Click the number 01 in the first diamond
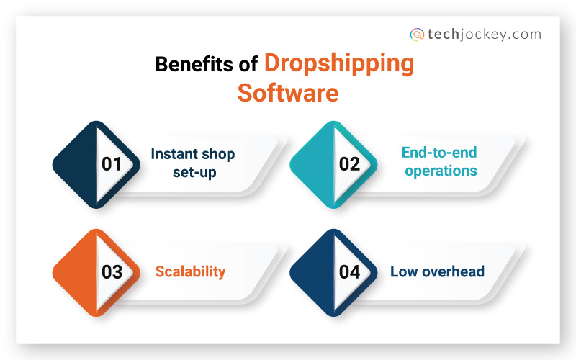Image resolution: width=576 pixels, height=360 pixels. [112, 164]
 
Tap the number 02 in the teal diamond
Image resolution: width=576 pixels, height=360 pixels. [349, 164]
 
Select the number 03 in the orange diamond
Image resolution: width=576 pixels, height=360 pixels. [112, 272]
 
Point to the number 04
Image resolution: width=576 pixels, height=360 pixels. [349, 272]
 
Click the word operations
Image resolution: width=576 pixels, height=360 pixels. [441, 171]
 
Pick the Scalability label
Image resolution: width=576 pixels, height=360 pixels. [191, 271]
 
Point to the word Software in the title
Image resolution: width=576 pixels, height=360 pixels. [288, 92]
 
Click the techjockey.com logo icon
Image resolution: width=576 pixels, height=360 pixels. [416, 34]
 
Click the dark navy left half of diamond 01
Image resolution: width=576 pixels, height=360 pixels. [76, 164]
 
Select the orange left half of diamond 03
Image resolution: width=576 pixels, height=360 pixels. [76, 272]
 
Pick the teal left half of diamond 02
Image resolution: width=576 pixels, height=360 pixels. [313, 164]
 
